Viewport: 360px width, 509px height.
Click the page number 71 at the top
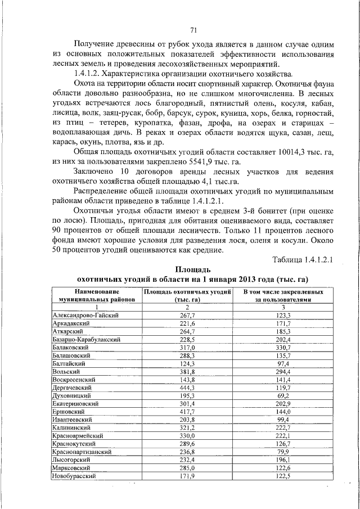coord(193,30)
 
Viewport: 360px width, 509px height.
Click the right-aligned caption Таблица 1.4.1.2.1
coord(304,260)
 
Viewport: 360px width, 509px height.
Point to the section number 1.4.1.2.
coord(92,74)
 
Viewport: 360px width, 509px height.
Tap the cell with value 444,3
coord(187,388)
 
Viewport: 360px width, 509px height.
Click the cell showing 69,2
coord(283,396)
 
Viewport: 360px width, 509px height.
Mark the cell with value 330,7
coord(283,348)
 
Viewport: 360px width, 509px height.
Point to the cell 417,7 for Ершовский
coord(187,412)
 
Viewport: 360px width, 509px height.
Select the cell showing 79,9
coord(283,452)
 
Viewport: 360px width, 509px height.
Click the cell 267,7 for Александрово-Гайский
coord(187,317)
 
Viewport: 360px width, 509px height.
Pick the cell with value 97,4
coord(283,364)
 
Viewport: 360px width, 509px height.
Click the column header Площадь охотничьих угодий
coord(187,292)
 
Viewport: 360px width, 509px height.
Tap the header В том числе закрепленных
coord(283,292)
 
